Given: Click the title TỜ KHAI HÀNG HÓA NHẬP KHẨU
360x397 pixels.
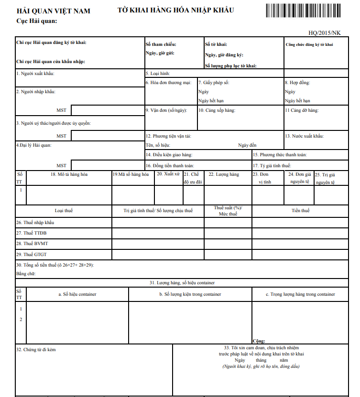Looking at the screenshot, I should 175,11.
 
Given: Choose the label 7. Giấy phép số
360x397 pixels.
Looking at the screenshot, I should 214,83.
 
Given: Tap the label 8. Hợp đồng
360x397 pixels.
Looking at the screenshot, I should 297,83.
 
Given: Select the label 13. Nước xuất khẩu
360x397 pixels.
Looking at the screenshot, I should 304,136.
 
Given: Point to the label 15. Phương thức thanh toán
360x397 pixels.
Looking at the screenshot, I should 280,155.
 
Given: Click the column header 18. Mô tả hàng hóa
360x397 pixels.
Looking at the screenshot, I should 69,174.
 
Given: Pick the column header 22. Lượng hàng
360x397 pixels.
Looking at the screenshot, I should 224,174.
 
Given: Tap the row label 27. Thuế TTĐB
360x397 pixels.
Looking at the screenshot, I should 32,233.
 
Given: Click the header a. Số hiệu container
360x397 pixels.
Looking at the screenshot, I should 77,294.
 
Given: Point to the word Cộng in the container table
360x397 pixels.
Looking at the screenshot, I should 259,341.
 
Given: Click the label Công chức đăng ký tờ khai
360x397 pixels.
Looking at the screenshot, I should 309,44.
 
